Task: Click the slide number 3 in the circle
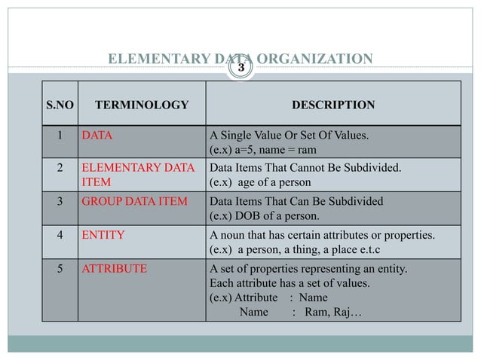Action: pyautogui.click(x=241, y=68)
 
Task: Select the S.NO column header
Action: pyautogui.click(x=60, y=105)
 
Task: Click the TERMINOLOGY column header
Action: pyautogui.click(x=140, y=105)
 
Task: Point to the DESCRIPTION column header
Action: pyautogui.click(x=332, y=105)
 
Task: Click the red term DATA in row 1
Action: pyautogui.click(x=94, y=136)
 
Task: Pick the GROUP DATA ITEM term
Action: pyautogui.click(x=127, y=202)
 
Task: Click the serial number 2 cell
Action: pyautogui.click(x=60, y=169)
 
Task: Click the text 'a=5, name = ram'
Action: pyautogui.click(x=273, y=150)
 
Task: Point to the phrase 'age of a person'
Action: pyautogui.click(x=274, y=183)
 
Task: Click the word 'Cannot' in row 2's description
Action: pyautogui.click(x=291, y=169)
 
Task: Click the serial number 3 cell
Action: pyautogui.click(x=60, y=202)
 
